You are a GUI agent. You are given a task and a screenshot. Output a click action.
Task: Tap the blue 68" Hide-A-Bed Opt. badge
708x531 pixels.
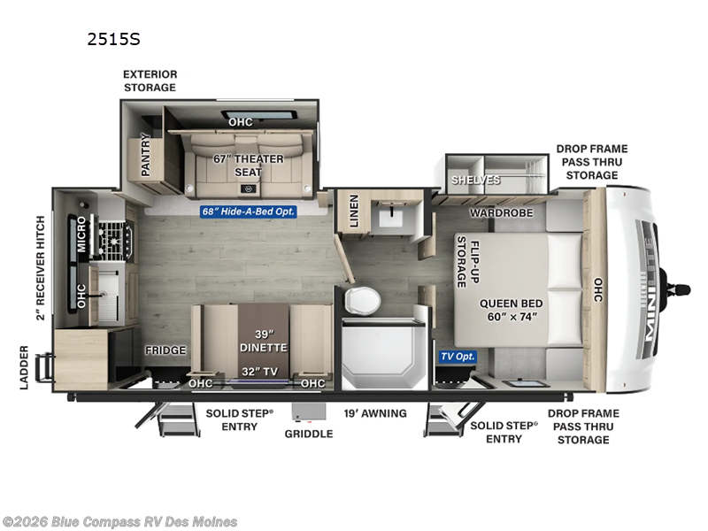[247, 212]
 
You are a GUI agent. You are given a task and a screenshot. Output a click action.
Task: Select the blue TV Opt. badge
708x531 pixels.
[458, 357]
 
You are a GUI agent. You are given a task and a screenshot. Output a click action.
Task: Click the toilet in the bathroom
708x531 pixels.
[360, 302]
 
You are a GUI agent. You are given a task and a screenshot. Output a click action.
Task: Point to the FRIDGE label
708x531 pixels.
[165, 350]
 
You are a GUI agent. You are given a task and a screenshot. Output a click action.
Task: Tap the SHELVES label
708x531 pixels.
[476, 180]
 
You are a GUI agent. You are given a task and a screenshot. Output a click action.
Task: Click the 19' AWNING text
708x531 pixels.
[375, 413]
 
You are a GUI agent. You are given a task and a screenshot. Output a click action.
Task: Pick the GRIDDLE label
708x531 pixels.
[308, 434]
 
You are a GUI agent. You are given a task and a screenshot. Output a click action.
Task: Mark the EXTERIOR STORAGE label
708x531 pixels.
[150, 81]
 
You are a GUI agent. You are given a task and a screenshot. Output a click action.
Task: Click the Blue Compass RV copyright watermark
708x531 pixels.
[120, 521]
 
